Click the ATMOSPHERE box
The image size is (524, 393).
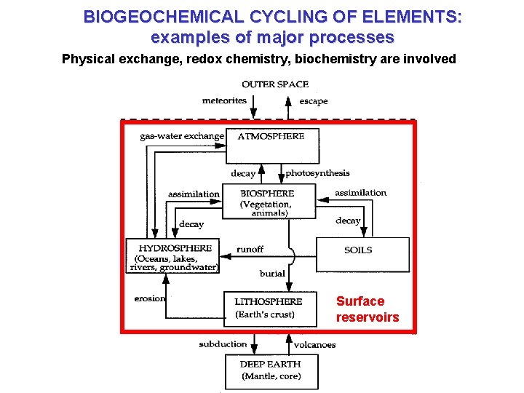(x=272, y=146)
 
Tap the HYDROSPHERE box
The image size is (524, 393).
(x=173, y=256)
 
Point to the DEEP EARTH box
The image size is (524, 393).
(x=271, y=371)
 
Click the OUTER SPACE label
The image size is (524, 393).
(x=275, y=84)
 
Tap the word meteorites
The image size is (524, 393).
(x=225, y=101)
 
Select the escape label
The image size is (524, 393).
(x=314, y=101)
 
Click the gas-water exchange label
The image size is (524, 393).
(x=182, y=136)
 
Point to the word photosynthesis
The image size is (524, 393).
(x=317, y=173)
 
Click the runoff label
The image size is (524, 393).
(x=250, y=250)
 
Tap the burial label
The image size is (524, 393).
(x=272, y=274)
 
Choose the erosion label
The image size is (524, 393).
(x=150, y=298)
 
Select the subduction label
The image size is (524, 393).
(x=223, y=344)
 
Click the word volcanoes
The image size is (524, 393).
(x=314, y=344)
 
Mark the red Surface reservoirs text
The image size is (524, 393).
(x=368, y=309)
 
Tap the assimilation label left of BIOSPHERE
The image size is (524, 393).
(x=194, y=194)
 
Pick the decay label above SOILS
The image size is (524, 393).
(x=348, y=220)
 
